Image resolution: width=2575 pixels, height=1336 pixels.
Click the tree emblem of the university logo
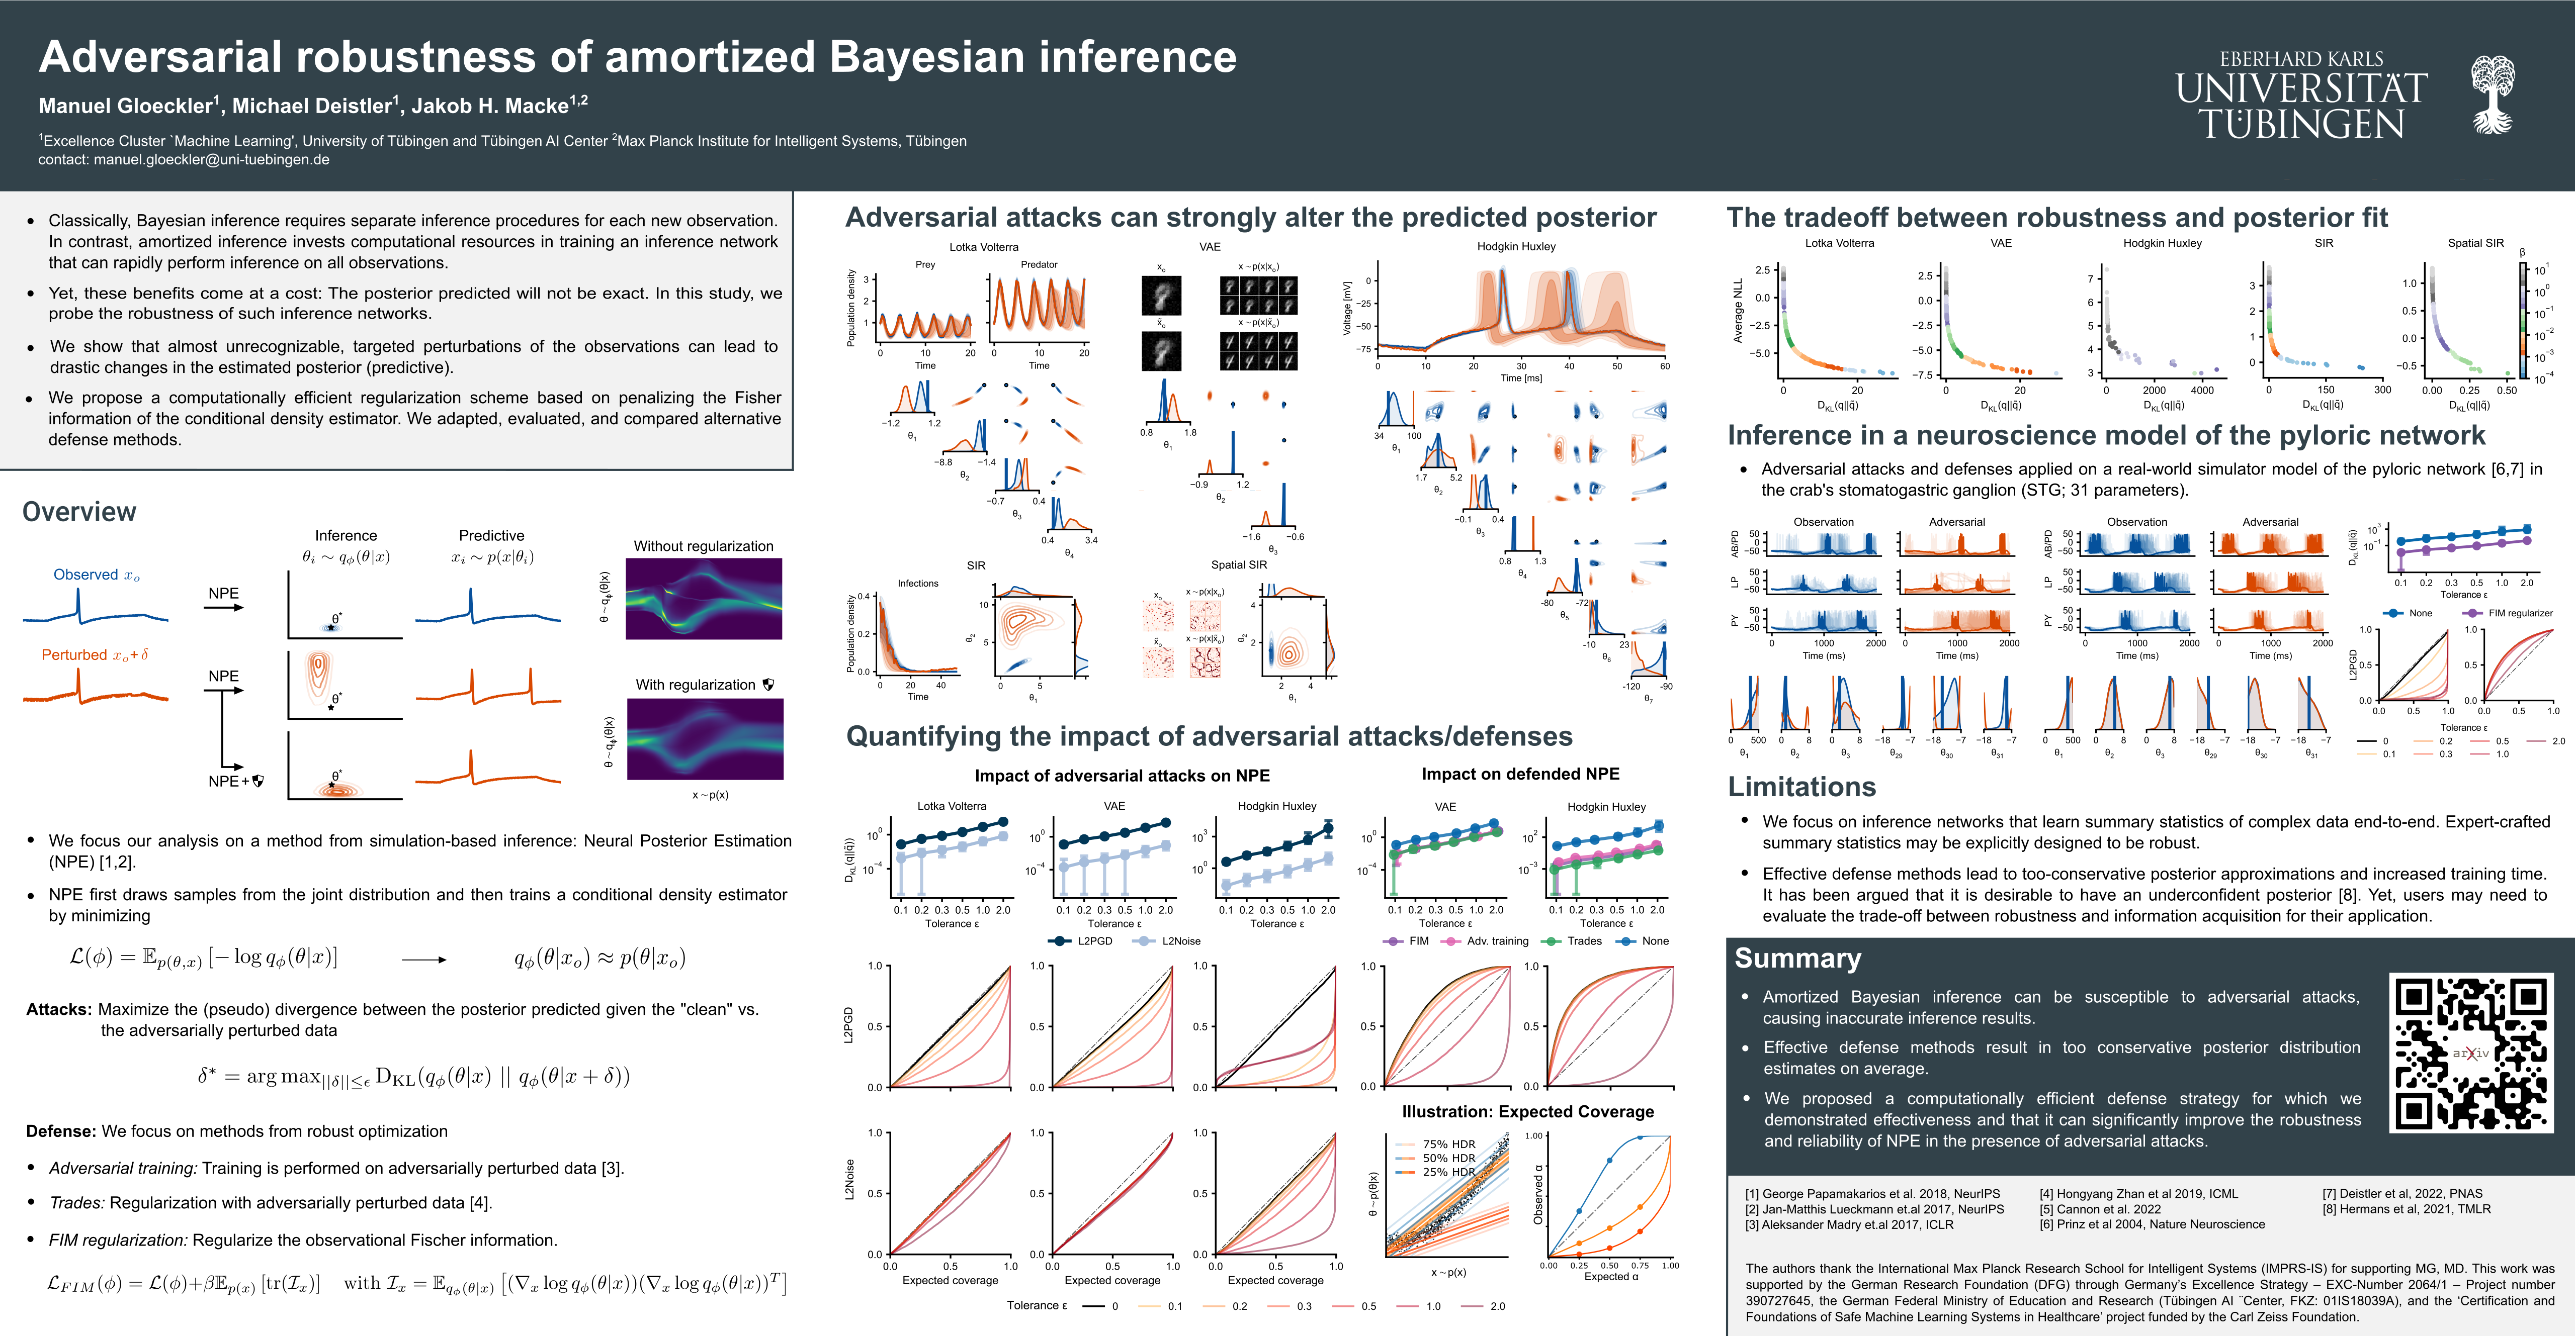pos(2492,95)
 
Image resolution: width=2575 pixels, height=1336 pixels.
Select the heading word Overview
pos(79,512)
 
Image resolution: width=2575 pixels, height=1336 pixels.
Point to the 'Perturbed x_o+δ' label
pos(95,654)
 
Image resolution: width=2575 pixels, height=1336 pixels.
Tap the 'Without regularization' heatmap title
pos(703,545)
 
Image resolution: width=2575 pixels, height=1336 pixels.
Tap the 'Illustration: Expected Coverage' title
pos(1527,1111)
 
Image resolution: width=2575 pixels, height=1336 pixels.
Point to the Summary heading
pos(1797,959)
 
